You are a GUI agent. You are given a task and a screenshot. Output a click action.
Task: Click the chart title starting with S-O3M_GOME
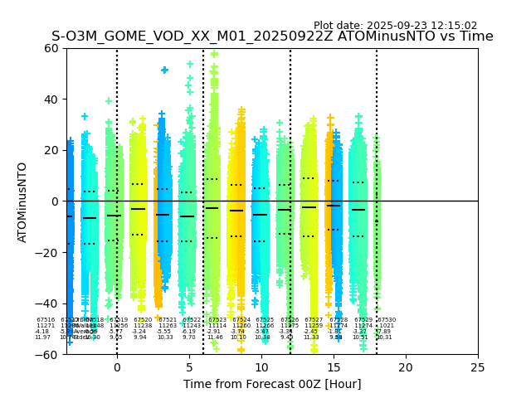pyautogui.click(x=272, y=36)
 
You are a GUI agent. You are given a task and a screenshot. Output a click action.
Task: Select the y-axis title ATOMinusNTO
pyautogui.click(x=23, y=201)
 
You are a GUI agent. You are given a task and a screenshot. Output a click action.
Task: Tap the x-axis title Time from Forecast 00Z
pyautogui.click(x=272, y=384)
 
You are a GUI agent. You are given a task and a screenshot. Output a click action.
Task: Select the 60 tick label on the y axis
pyautogui.click(x=51, y=48)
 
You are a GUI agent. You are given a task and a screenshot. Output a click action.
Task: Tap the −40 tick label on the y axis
pyautogui.click(x=47, y=303)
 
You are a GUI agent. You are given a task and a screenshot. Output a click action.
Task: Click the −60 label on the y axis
pyautogui.click(x=47, y=354)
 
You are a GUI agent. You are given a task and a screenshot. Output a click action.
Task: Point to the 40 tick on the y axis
pyautogui.click(x=51, y=99)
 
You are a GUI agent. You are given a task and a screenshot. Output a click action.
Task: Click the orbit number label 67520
pyautogui.click(x=143, y=320)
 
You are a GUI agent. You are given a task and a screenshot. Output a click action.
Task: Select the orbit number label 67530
pyautogui.click(x=387, y=320)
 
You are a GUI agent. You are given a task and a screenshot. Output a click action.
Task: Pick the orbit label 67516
pyautogui.click(x=46, y=320)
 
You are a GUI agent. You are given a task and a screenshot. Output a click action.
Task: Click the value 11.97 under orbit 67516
pyautogui.click(x=42, y=337)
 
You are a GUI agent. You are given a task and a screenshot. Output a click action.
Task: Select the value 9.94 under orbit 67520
pyautogui.click(x=139, y=337)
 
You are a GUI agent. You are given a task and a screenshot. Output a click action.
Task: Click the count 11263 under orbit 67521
pyautogui.click(x=168, y=326)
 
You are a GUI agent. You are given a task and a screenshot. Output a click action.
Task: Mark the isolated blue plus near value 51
pyautogui.click(x=164, y=70)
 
